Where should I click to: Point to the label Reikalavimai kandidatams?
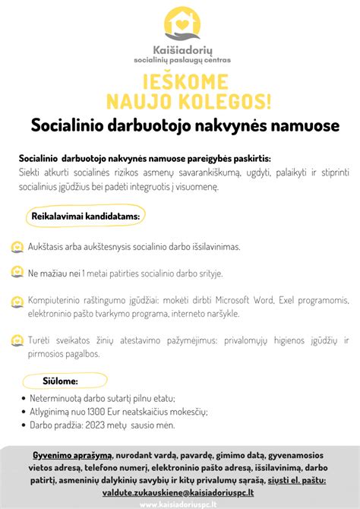85,217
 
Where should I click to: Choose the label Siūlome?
60,380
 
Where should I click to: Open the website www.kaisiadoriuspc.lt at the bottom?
180,504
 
